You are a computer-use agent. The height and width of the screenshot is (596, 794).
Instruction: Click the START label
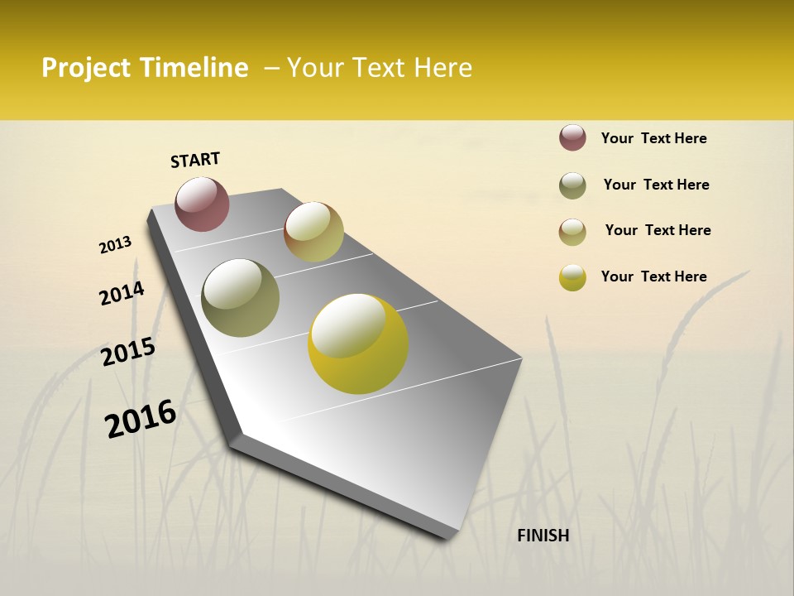click(x=195, y=160)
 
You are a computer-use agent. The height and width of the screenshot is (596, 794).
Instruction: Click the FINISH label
click(x=543, y=536)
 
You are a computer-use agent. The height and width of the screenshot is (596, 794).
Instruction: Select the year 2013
click(x=115, y=246)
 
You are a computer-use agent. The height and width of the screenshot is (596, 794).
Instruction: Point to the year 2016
click(x=141, y=419)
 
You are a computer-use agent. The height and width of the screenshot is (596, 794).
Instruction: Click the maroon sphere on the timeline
click(x=202, y=204)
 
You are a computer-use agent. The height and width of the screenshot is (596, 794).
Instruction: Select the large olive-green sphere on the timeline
click(x=240, y=297)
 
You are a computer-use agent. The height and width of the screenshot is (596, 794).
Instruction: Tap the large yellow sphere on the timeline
click(x=357, y=343)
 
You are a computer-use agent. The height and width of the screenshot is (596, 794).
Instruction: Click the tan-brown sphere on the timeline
click(x=313, y=232)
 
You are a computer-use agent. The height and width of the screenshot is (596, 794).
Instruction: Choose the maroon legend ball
click(x=572, y=137)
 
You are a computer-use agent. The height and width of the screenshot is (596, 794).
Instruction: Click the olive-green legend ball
click(x=572, y=185)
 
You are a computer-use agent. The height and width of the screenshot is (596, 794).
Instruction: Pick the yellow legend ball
click(x=572, y=277)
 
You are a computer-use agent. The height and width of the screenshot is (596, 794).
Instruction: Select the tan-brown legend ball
click(x=572, y=232)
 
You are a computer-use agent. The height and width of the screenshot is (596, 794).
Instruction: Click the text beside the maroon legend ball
click(x=653, y=138)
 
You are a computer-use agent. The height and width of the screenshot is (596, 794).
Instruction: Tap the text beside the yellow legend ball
click(x=653, y=276)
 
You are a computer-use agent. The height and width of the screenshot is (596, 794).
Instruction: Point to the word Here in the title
click(x=442, y=68)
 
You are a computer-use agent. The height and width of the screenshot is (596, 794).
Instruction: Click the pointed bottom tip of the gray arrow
click(x=447, y=536)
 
